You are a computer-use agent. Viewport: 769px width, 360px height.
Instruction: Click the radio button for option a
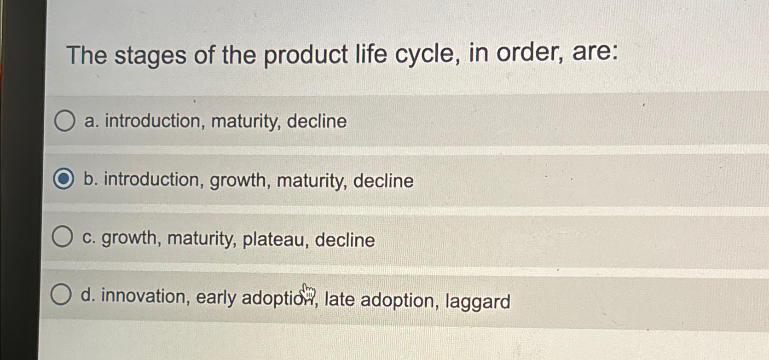tap(64, 121)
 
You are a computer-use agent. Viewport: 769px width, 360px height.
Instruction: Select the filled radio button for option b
tap(64, 179)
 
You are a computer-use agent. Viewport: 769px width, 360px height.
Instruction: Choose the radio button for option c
tap(62, 237)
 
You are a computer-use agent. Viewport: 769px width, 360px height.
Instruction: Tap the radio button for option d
tap(61, 295)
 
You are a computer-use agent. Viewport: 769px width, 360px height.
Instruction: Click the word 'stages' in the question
tap(150, 56)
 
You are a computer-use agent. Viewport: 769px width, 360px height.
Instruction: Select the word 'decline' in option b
tap(383, 181)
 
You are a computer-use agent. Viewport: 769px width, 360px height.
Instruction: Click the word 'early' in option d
tap(216, 298)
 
